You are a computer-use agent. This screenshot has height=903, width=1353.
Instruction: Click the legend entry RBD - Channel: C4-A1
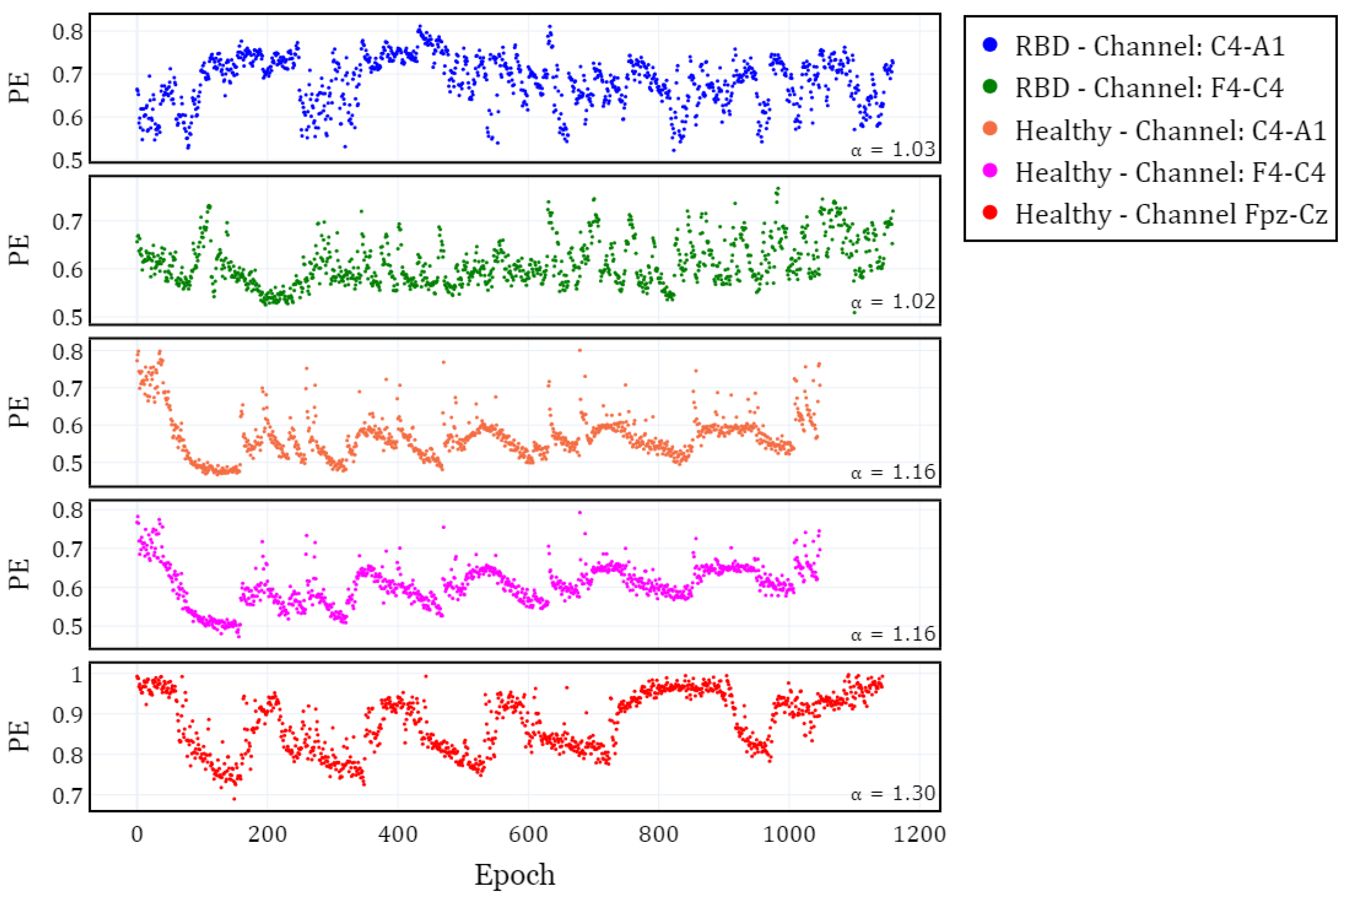[1150, 46]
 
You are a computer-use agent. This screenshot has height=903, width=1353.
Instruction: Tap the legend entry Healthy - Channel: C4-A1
[1170, 131]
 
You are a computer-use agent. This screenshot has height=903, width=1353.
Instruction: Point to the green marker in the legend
[990, 88]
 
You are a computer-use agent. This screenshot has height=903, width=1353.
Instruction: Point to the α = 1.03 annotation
[893, 150]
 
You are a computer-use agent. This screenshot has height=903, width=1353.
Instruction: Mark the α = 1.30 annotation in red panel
[893, 794]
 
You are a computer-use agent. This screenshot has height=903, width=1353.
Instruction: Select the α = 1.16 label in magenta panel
[893, 634]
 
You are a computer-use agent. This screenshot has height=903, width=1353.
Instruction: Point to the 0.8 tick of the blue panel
[67, 31]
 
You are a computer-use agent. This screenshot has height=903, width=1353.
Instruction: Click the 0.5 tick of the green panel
[67, 317]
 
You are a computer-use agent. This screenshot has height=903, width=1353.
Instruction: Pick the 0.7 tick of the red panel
[67, 796]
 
